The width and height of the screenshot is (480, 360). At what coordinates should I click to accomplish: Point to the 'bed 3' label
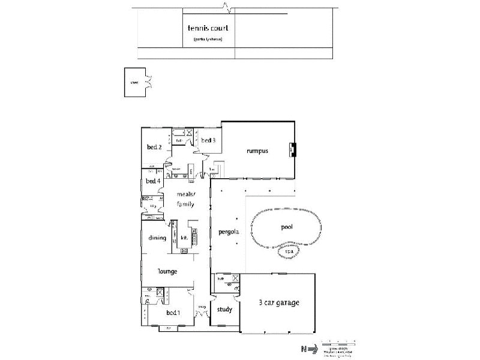[x=208, y=140]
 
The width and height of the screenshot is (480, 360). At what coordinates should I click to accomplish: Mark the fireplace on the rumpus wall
[x=292, y=149]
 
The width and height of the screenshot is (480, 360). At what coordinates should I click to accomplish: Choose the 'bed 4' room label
[x=153, y=181]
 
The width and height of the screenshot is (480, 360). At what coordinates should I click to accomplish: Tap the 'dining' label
[x=157, y=238]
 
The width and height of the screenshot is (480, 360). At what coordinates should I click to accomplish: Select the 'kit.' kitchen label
[x=184, y=238]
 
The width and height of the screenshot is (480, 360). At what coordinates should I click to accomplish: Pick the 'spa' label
[x=289, y=251]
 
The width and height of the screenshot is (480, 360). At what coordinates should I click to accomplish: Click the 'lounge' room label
[x=167, y=271]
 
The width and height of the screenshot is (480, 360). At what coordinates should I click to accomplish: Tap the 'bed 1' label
[x=173, y=313]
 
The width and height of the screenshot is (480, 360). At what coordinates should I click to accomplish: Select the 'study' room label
[x=224, y=310]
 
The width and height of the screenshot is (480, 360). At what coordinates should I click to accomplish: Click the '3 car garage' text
[x=278, y=302]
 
